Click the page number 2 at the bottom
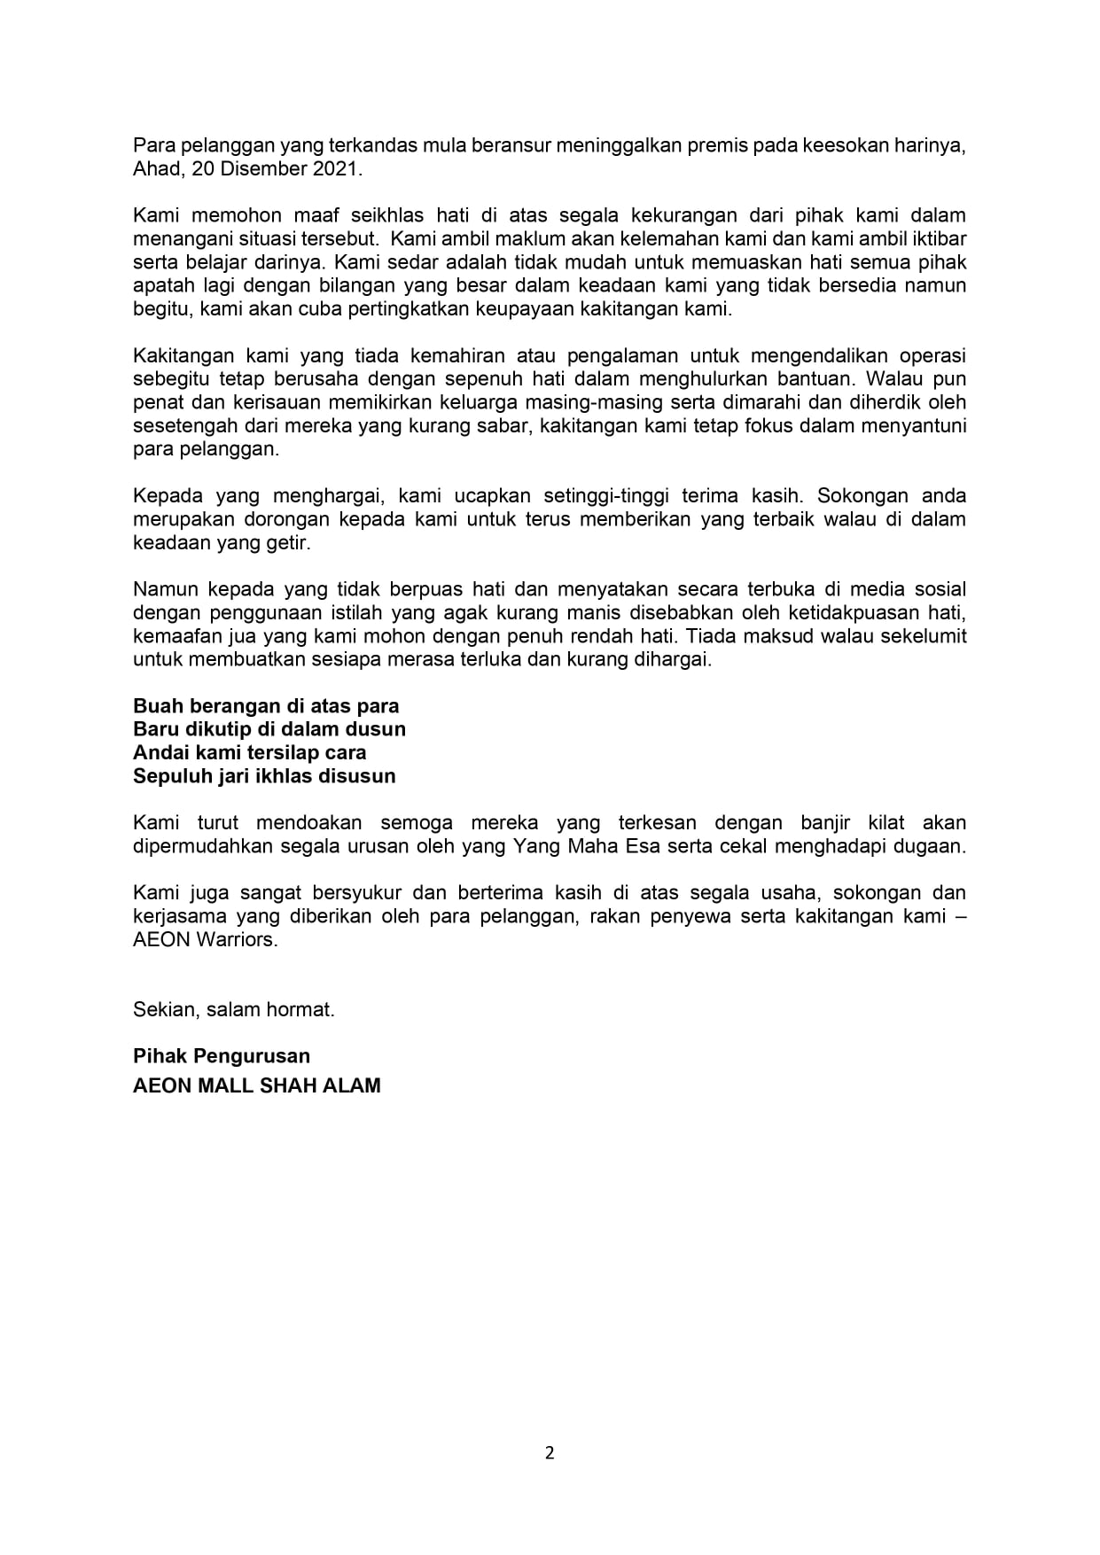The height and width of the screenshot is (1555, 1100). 550,1452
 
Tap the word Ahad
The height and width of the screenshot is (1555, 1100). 156,168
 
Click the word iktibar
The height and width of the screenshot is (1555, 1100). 936,239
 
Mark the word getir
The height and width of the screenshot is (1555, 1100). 291,542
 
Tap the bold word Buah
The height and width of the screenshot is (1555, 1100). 156,706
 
